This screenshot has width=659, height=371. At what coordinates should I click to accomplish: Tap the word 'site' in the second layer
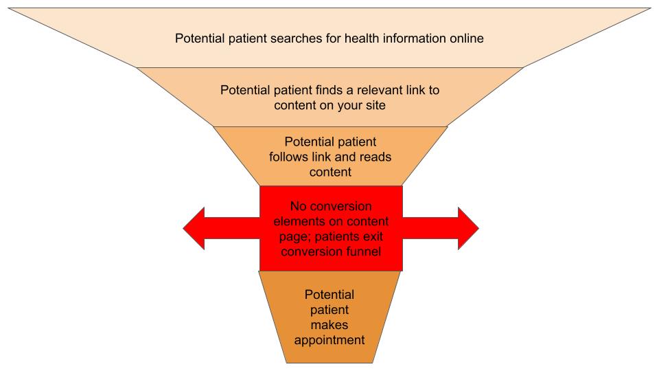click(x=375, y=106)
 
